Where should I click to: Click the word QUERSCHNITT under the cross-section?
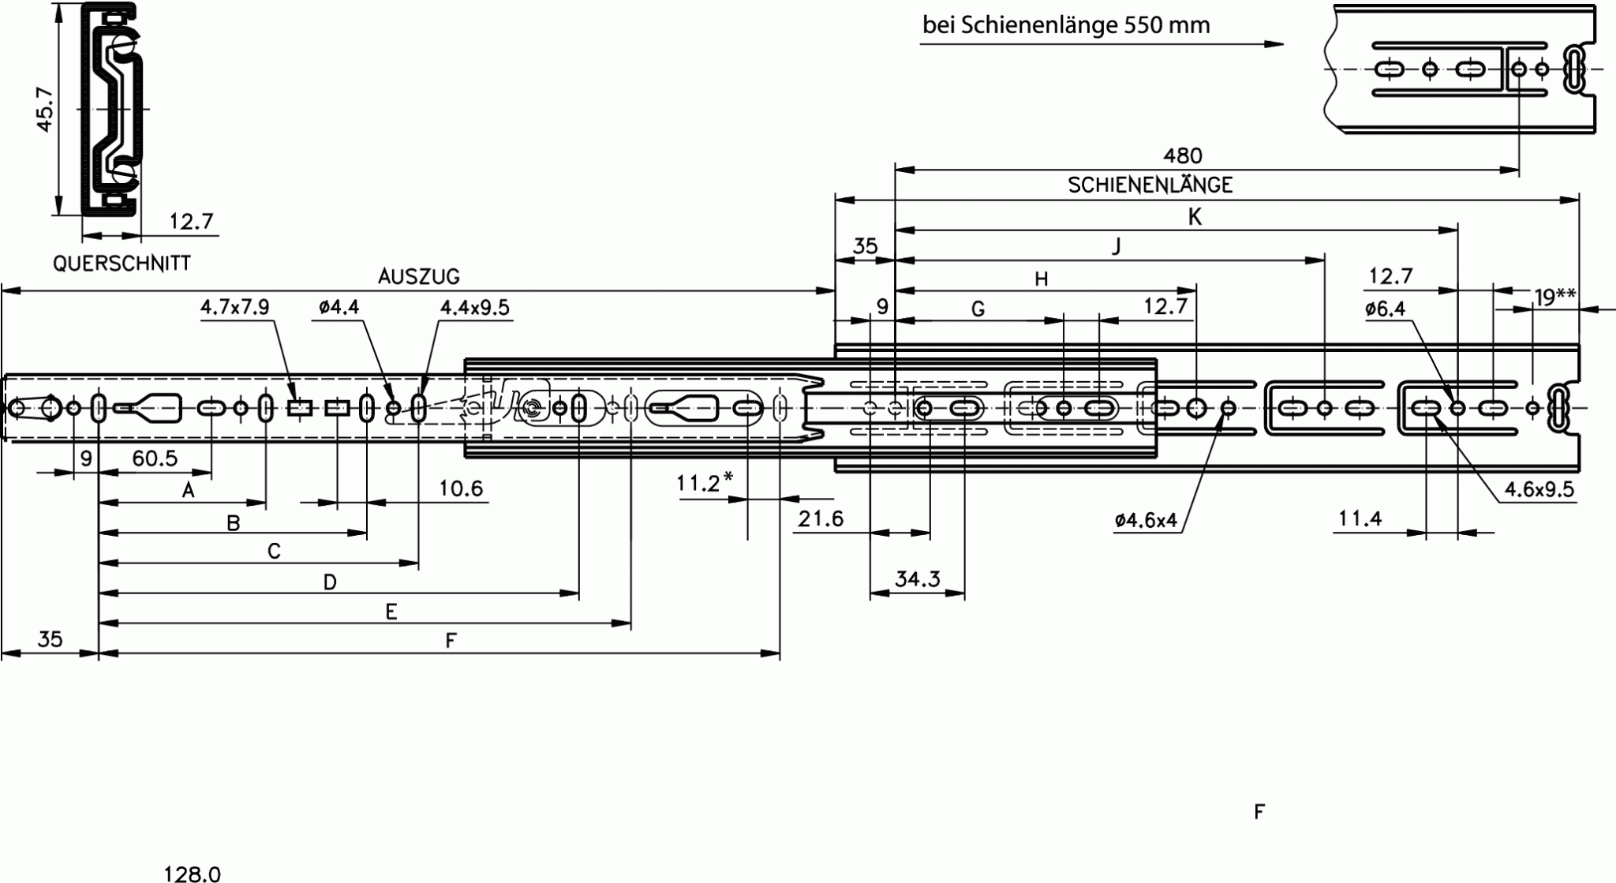point(122,264)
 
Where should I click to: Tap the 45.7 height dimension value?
point(45,110)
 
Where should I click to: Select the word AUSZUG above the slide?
point(418,277)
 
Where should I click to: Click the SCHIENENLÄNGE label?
point(1150,185)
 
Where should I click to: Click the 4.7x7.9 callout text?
point(234,307)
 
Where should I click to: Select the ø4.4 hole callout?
point(339,307)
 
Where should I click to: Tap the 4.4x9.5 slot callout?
point(474,307)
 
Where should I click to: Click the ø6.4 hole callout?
point(1386,309)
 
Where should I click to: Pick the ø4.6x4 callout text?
point(1146,520)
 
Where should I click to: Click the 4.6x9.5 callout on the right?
point(1539,489)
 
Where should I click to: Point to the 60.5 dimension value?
point(155,458)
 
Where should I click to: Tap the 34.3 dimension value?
point(918,580)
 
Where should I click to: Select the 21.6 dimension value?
point(821,518)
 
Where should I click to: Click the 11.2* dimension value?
point(705,482)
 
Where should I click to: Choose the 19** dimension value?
point(1555,297)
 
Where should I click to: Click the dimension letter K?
point(1195,217)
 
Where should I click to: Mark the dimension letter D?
point(331,582)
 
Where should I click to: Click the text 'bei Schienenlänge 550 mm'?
point(1066,25)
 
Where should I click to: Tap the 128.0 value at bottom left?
point(192,874)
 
